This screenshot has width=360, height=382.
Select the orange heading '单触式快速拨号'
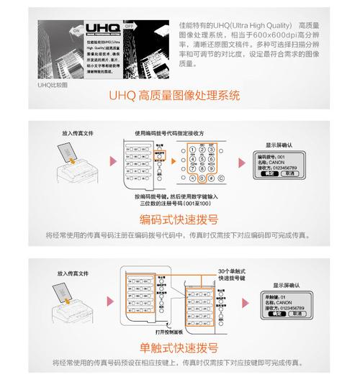click(x=179, y=347)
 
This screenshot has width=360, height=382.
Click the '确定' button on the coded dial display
click(x=266, y=174)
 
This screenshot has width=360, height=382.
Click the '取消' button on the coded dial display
click(x=289, y=174)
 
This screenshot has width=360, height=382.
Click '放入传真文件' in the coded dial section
click(x=77, y=133)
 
